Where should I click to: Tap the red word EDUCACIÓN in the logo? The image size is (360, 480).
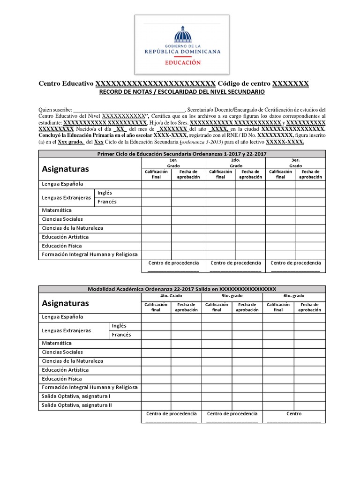click(182, 62)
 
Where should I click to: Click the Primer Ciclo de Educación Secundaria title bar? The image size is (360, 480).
click(181, 154)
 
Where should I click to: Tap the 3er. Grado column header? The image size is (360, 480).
click(295, 163)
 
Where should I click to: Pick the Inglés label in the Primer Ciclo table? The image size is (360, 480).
click(105, 193)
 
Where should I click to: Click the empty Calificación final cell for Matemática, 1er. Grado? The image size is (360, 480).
click(157, 210)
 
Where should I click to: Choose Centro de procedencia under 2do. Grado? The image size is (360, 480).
click(236, 263)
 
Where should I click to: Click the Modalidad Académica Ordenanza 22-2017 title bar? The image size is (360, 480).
click(181, 289)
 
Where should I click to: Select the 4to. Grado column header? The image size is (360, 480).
click(171, 296)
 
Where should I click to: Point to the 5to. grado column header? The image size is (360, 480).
click(232, 296)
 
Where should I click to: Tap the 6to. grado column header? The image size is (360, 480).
click(294, 296)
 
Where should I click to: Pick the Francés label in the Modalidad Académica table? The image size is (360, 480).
click(121, 335)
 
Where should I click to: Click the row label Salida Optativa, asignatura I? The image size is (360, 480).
click(76, 397)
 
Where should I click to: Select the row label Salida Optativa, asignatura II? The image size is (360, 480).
click(77, 405)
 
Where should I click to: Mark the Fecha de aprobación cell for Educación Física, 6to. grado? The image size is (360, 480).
click(309, 379)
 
